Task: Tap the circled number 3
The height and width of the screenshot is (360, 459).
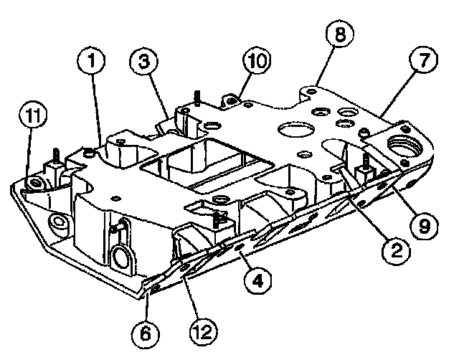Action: click(144, 63)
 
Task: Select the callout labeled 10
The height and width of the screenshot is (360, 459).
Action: click(253, 61)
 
